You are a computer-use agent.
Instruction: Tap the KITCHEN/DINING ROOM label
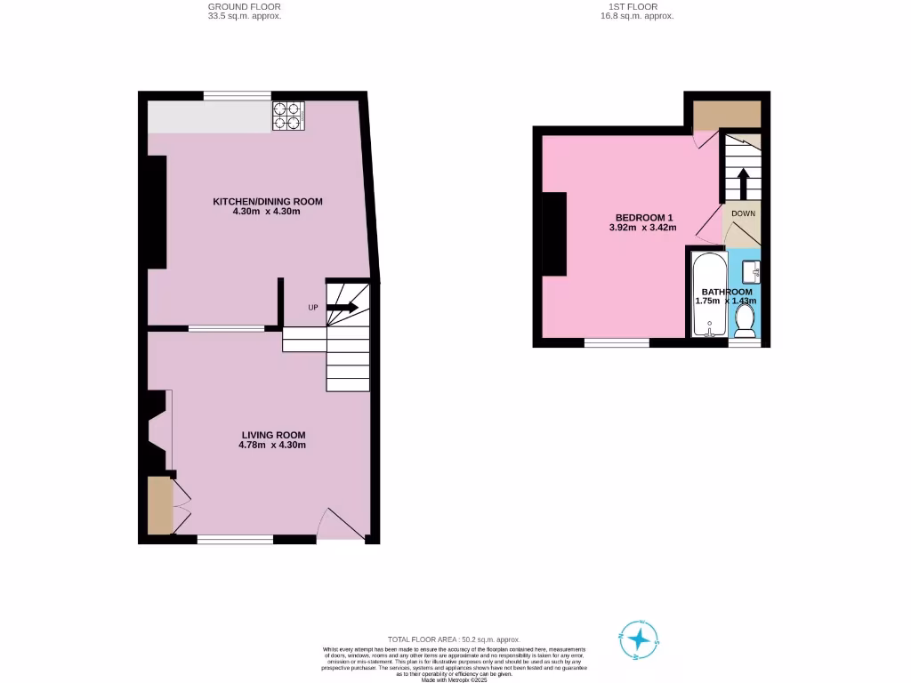[267, 202]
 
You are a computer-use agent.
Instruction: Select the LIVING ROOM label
[273, 435]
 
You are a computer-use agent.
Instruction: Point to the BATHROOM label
[726, 292]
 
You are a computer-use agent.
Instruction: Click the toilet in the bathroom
[745, 322]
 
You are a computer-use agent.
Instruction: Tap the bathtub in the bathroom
[708, 293]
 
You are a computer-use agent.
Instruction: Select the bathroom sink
[753, 269]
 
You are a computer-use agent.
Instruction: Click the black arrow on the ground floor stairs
[343, 308]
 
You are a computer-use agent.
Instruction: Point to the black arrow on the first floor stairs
[744, 183]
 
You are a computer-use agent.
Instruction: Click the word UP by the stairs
[313, 309]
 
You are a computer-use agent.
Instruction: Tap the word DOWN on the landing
[744, 213]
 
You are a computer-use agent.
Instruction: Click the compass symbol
[638, 639]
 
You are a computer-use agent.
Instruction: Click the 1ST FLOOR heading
[636, 6]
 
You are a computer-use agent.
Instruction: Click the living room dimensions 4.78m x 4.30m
[273, 445]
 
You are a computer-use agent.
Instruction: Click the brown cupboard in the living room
[159, 505]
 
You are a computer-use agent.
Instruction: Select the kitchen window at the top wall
[237, 95]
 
